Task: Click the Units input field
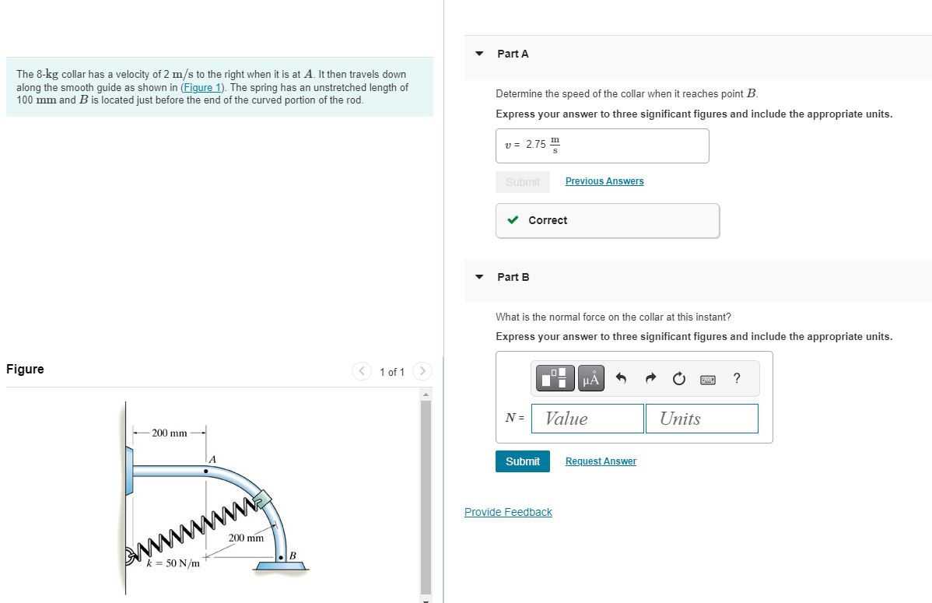pyautogui.click(x=701, y=419)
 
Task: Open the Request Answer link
pyautogui.click(x=601, y=461)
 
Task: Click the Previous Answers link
pyautogui.click(x=604, y=181)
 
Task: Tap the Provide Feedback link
pyautogui.click(x=508, y=512)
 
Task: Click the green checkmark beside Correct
pyautogui.click(x=513, y=220)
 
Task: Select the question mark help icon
pyautogui.click(x=737, y=379)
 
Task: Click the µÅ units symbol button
pyautogui.click(x=590, y=379)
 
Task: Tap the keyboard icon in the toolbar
pyautogui.click(x=708, y=380)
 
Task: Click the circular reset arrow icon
pyautogui.click(x=678, y=379)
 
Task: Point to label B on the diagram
pyautogui.click(x=293, y=556)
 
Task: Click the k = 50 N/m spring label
pyautogui.click(x=173, y=563)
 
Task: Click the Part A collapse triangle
pyautogui.click(x=480, y=54)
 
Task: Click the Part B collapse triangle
pyautogui.click(x=480, y=277)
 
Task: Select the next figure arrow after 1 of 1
pyautogui.click(x=422, y=372)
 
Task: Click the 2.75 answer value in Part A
pyautogui.click(x=536, y=145)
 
